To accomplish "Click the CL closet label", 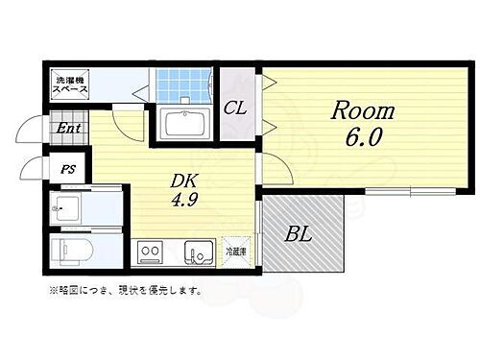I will coord(236,108).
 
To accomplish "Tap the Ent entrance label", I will coord(66,128).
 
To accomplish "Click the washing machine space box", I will coord(70,84).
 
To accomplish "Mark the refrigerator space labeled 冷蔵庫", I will coord(236,252).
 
